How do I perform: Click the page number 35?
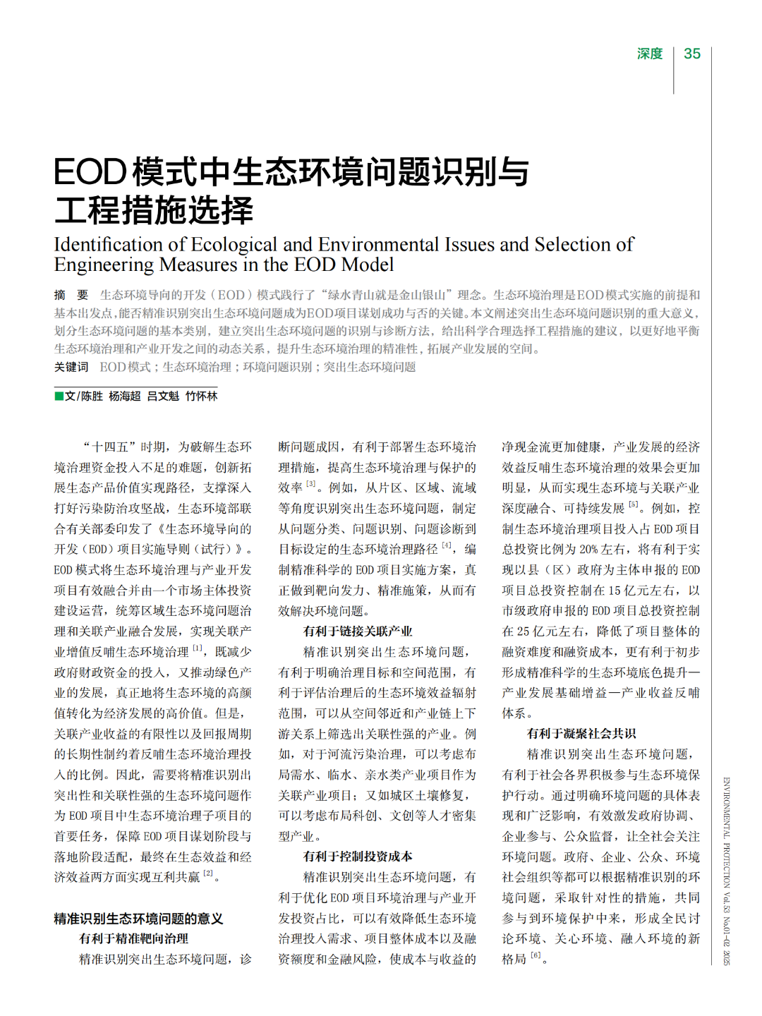[x=692, y=54]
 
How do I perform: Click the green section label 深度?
[x=650, y=54]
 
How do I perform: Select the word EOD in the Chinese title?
[x=90, y=172]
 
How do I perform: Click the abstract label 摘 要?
[x=71, y=295]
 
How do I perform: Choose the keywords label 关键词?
[x=71, y=367]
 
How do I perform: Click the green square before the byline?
[x=59, y=396]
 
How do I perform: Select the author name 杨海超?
[x=125, y=397]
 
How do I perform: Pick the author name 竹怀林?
[x=201, y=397]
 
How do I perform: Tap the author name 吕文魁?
[x=163, y=397]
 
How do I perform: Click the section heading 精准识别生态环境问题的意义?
[x=138, y=919]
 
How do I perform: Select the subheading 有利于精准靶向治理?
[x=133, y=938]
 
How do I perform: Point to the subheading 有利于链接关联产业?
[x=358, y=631]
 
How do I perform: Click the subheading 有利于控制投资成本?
[x=358, y=857]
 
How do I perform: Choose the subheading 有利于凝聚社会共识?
[x=581, y=734]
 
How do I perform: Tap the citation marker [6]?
[x=536, y=955]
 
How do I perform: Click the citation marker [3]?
[x=311, y=484]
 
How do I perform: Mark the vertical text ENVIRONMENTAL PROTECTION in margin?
[x=726, y=833]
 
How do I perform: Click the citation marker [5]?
[x=634, y=504]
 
